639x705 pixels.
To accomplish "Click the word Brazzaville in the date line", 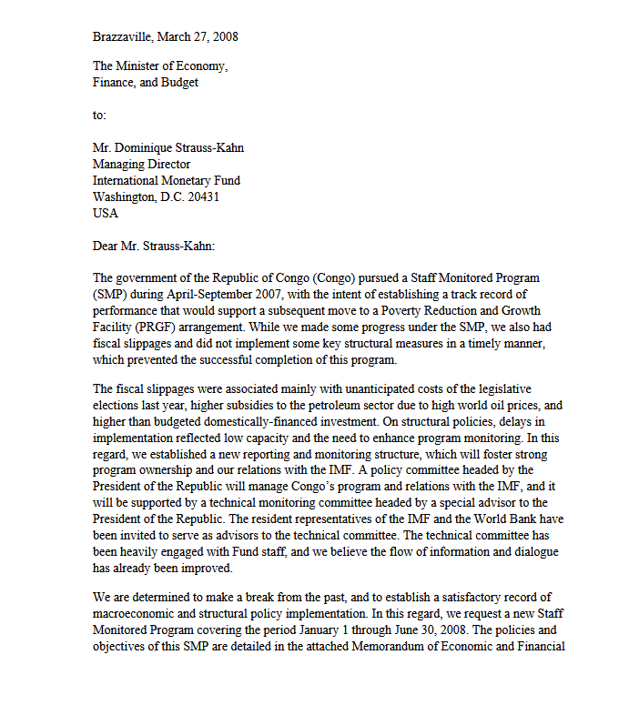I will [x=123, y=36].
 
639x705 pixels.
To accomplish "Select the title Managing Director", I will [x=141, y=164].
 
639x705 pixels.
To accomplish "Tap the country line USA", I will [x=106, y=213].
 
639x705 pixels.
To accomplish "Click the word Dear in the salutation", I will [x=106, y=245].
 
